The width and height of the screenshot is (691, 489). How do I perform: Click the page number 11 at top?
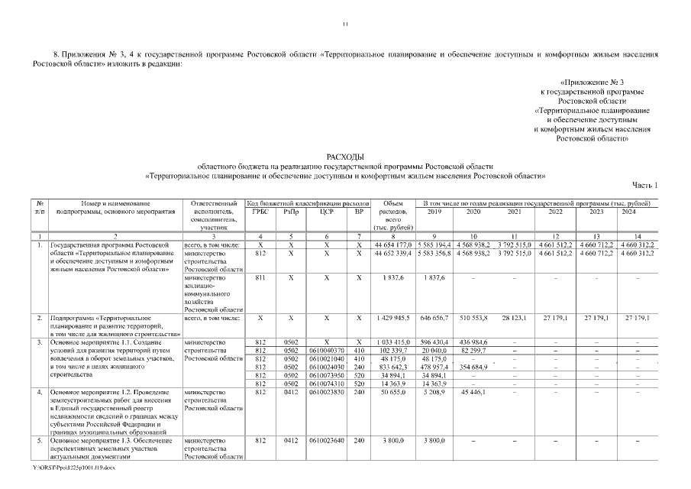[345, 24]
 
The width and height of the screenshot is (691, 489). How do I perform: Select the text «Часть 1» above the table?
[644, 186]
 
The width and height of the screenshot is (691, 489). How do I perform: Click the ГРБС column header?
[260, 212]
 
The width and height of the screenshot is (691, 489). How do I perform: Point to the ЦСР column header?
[326, 212]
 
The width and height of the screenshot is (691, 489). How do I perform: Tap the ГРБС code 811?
[260, 277]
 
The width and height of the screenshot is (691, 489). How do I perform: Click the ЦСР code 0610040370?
[326, 351]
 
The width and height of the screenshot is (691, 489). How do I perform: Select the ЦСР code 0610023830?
[326, 392]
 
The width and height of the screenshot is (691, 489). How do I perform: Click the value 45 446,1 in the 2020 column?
[473, 392]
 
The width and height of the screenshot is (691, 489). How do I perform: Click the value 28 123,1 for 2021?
[515, 317]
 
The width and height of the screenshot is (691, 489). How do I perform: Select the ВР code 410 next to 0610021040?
[359, 359]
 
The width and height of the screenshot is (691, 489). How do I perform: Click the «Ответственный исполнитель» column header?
[214, 212]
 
